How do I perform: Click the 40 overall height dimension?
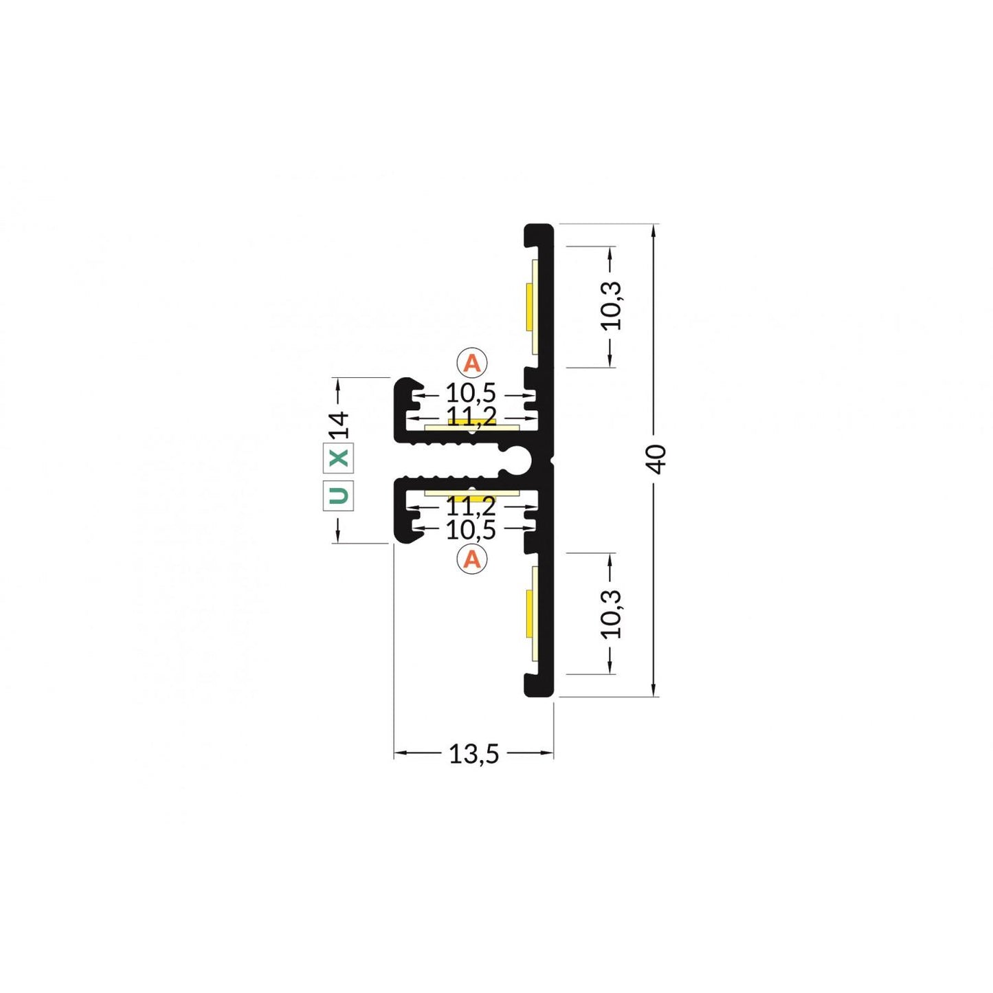pos(658,458)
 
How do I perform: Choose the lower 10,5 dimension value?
pos(471,531)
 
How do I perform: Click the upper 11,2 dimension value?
pos(471,414)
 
